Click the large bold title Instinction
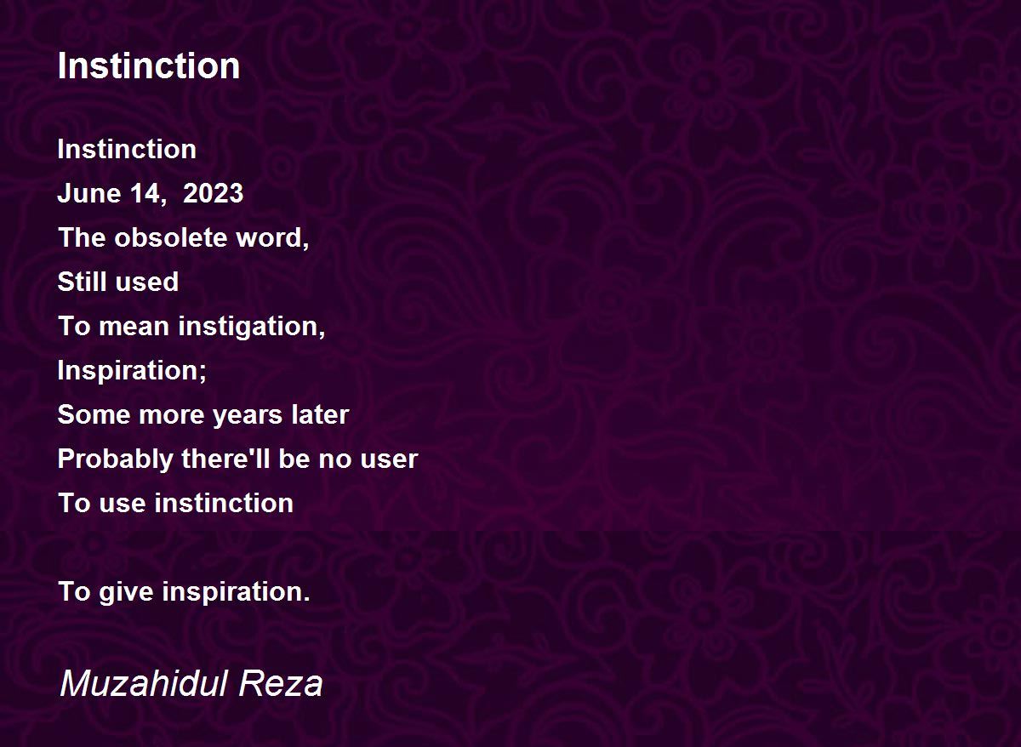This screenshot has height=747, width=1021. tap(149, 66)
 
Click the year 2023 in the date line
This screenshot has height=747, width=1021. tap(213, 193)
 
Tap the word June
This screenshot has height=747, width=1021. tap(88, 193)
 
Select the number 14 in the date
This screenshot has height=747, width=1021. tap(145, 193)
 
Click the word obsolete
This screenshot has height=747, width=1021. tap(170, 237)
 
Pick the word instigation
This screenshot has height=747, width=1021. tap(251, 327)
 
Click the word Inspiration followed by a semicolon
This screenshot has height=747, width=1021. tap(132, 371)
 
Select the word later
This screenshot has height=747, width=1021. tap(320, 414)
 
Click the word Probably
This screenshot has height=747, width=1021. tap(115, 459)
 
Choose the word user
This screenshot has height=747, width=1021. tap(389, 460)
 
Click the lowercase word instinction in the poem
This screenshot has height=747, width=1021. tap(224, 503)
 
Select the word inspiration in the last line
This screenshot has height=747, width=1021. tap(236, 592)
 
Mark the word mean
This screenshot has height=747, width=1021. tap(134, 327)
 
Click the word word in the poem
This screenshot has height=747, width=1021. tap(272, 238)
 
